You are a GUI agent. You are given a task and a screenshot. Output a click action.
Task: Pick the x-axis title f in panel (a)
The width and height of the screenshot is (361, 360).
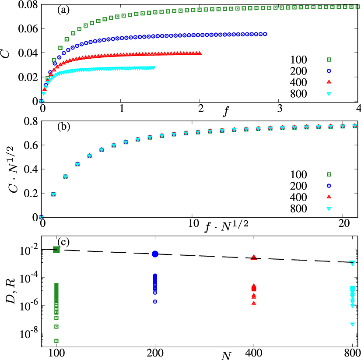[x=225, y=112]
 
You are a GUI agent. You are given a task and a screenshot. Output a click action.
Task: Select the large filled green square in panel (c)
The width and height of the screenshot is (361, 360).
[x=56, y=250]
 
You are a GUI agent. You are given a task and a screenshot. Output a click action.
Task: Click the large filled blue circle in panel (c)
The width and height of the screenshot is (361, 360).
[x=155, y=254]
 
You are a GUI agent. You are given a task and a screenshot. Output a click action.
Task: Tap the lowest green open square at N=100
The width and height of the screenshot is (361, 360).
[x=56, y=341]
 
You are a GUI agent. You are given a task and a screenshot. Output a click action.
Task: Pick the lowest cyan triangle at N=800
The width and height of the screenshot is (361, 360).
[x=352, y=324]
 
